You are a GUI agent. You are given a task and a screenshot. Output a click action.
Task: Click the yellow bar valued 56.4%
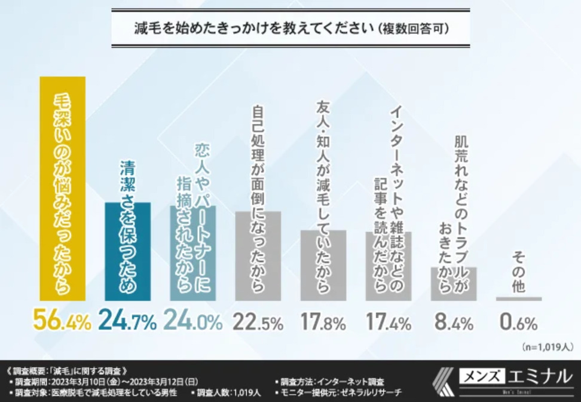[x=62, y=188]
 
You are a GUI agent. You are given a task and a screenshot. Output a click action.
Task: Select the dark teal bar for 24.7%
[x=127, y=251]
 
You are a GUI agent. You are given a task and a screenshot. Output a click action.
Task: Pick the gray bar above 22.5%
[x=258, y=255]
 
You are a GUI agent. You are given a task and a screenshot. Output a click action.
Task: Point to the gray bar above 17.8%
[x=323, y=265]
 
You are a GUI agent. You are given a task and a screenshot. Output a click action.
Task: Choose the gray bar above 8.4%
[x=453, y=284]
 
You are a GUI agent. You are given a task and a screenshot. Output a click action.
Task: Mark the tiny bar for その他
[x=518, y=299]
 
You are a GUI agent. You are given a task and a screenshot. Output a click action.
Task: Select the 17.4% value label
[x=388, y=323]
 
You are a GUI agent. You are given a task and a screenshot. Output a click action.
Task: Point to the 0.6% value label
[x=518, y=323]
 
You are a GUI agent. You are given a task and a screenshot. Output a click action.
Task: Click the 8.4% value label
[x=453, y=323]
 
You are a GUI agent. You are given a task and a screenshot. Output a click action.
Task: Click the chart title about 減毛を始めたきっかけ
[x=290, y=28]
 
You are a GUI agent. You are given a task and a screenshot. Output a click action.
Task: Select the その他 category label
[x=518, y=272]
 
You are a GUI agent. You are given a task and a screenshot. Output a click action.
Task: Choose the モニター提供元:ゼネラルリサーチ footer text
[x=338, y=392]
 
